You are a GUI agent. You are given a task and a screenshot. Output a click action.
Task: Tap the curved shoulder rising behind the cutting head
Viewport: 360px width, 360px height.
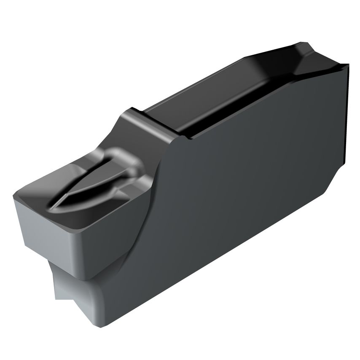tap(139, 126)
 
